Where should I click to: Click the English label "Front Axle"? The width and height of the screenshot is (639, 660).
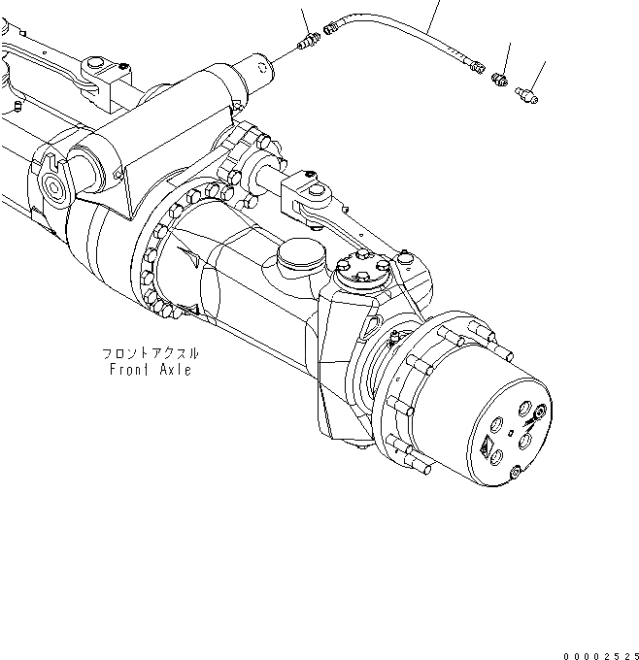[151, 370]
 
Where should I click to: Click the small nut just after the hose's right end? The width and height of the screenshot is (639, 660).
[501, 78]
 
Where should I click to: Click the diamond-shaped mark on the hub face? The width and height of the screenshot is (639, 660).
[486, 447]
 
